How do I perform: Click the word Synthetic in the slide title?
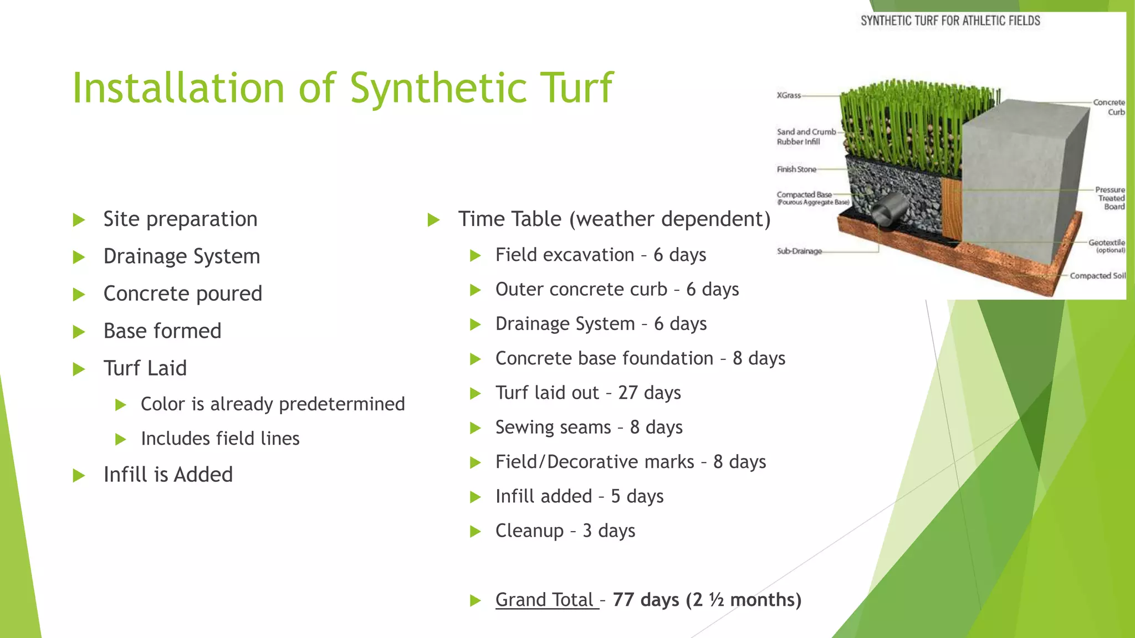point(438,89)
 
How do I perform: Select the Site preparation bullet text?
point(180,219)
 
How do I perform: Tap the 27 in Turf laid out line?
point(627,393)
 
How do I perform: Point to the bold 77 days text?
point(646,600)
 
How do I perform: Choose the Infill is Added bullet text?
point(168,475)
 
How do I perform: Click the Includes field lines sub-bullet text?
point(220,439)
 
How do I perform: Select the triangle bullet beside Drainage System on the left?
point(79,257)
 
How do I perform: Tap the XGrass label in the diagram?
point(789,95)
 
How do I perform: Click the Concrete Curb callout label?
point(1109,107)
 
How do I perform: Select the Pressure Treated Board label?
point(1111,198)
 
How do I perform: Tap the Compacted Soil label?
point(1097,276)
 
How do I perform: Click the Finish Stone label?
point(796,169)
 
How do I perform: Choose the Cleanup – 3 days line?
point(565,531)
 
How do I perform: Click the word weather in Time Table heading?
point(616,219)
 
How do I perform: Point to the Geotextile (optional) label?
point(1106,245)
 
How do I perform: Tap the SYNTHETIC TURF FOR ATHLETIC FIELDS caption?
point(950,21)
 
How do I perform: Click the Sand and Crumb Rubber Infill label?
point(805,137)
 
